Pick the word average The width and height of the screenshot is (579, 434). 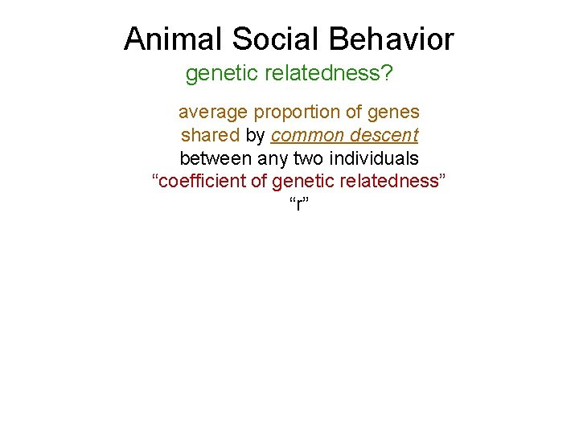(213, 112)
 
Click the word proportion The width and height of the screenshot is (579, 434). (298, 112)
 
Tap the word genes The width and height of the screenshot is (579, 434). (395, 112)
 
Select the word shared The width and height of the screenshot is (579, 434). (210, 134)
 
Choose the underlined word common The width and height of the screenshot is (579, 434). (309, 134)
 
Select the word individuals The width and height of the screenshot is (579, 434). (376, 158)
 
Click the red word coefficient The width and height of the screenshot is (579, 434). (202, 180)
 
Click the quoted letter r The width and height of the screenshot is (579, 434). (299, 204)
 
